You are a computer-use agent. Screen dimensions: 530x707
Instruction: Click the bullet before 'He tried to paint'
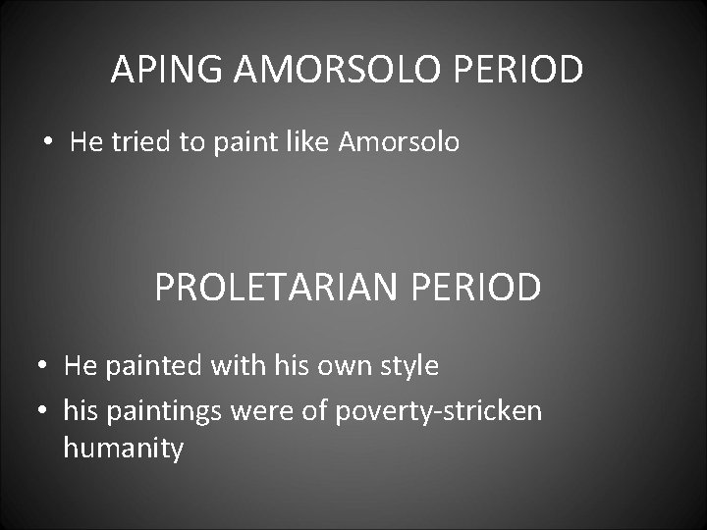tap(48, 143)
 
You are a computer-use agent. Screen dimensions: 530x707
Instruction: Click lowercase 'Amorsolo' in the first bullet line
tap(399, 143)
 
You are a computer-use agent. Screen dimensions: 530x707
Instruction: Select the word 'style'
tap(405, 367)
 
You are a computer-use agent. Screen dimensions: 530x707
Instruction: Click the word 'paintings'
tap(166, 410)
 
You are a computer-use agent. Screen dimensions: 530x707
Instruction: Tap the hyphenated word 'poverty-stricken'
tap(438, 410)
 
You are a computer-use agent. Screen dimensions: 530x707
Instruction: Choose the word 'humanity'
tap(123, 450)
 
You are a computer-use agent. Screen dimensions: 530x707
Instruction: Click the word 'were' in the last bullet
tap(263, 410)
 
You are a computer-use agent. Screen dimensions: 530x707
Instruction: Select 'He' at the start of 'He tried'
tap(86, 143)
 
